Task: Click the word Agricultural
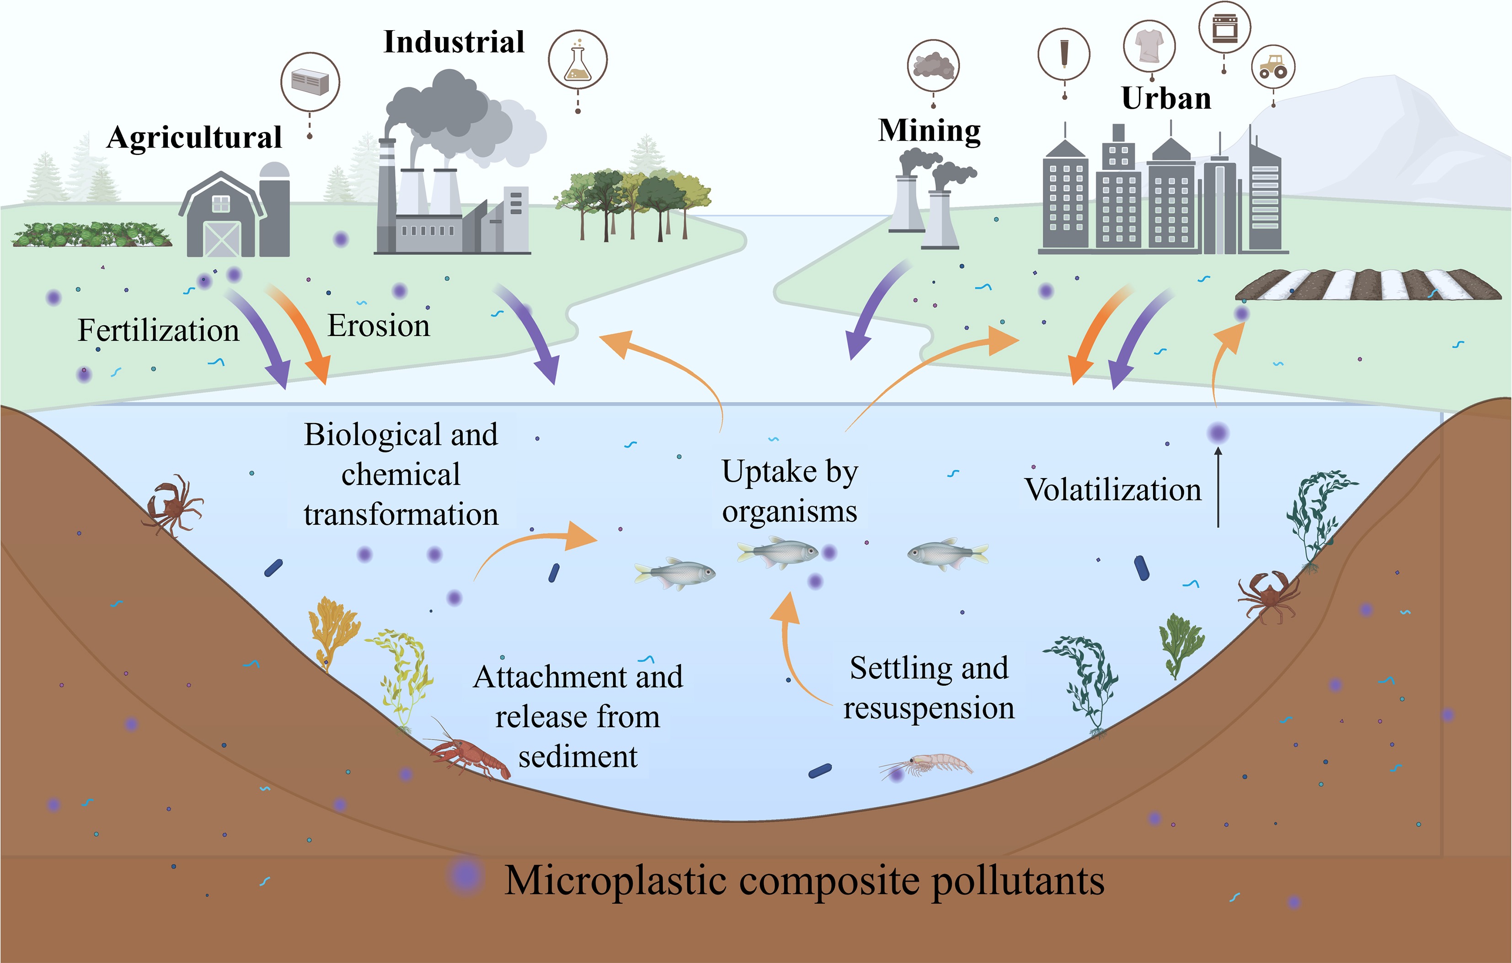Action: tap(194, 138)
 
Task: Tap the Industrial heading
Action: tap(454, 42)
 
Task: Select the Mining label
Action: tap(930, 131)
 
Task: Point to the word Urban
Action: tap(1166, 99)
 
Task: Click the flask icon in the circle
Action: tap(577, 59)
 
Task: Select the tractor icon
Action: tap(1273, 67)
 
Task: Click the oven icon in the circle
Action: tap(1224, 27)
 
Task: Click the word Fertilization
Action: tap(158, 330)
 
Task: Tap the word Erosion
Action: tap(379, 326)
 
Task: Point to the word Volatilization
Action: tap(1113, 489)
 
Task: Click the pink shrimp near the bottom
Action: tap(926, 765)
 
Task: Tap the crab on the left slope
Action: tap(172, 505)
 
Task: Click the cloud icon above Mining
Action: tap(933, 66)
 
